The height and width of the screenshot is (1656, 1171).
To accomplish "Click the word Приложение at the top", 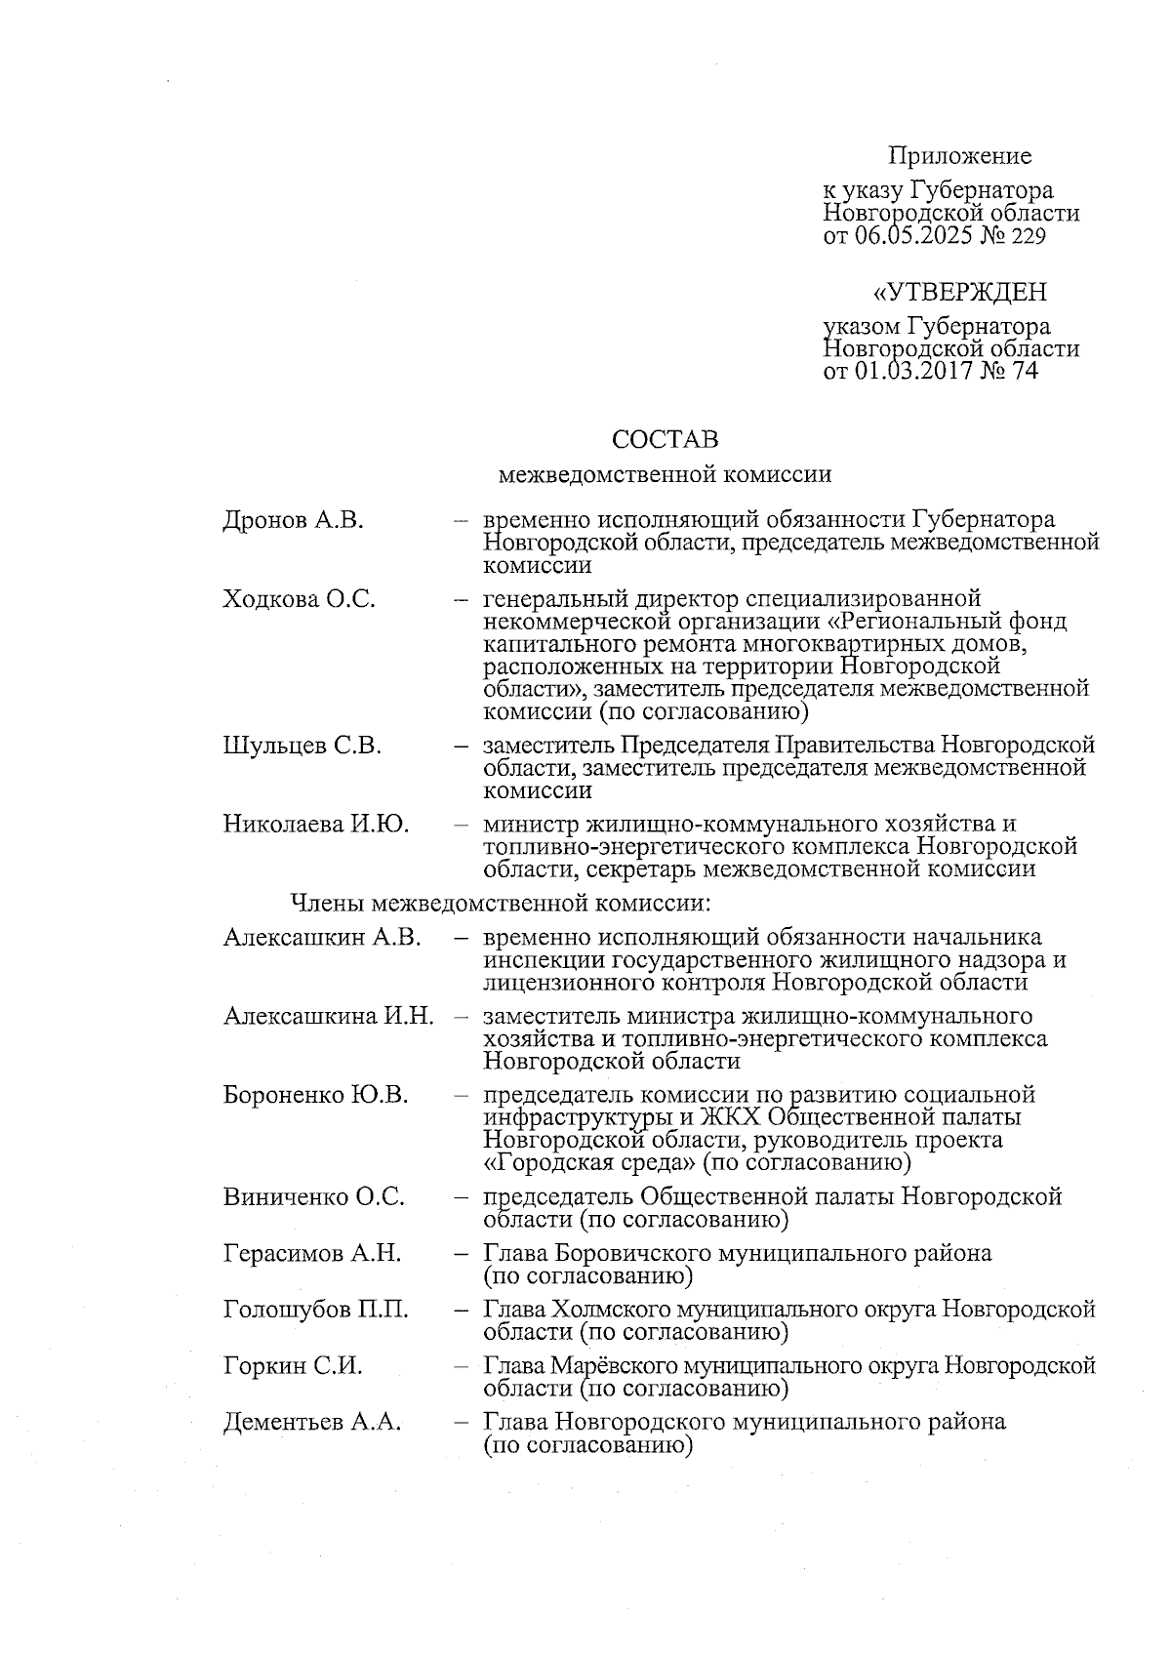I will click(x=959, y=156).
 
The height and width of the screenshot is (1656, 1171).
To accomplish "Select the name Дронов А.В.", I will click(x=293, y=520).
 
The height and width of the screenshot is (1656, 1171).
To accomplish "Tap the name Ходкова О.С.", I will click(x=299, y=598).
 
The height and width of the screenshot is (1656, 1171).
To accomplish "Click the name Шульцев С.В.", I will click(x=302, y=747).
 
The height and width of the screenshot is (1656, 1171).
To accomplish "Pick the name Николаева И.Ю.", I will click(x=316, y=825).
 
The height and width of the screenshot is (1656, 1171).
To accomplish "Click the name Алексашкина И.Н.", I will click(x=329, y=1017).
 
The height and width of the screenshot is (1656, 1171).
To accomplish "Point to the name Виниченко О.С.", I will click(x=313, y=1197).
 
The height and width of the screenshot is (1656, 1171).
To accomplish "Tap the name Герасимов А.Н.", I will click(x=312, y=1253).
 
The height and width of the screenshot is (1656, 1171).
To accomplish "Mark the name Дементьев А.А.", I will click(x=312, y=1423).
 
